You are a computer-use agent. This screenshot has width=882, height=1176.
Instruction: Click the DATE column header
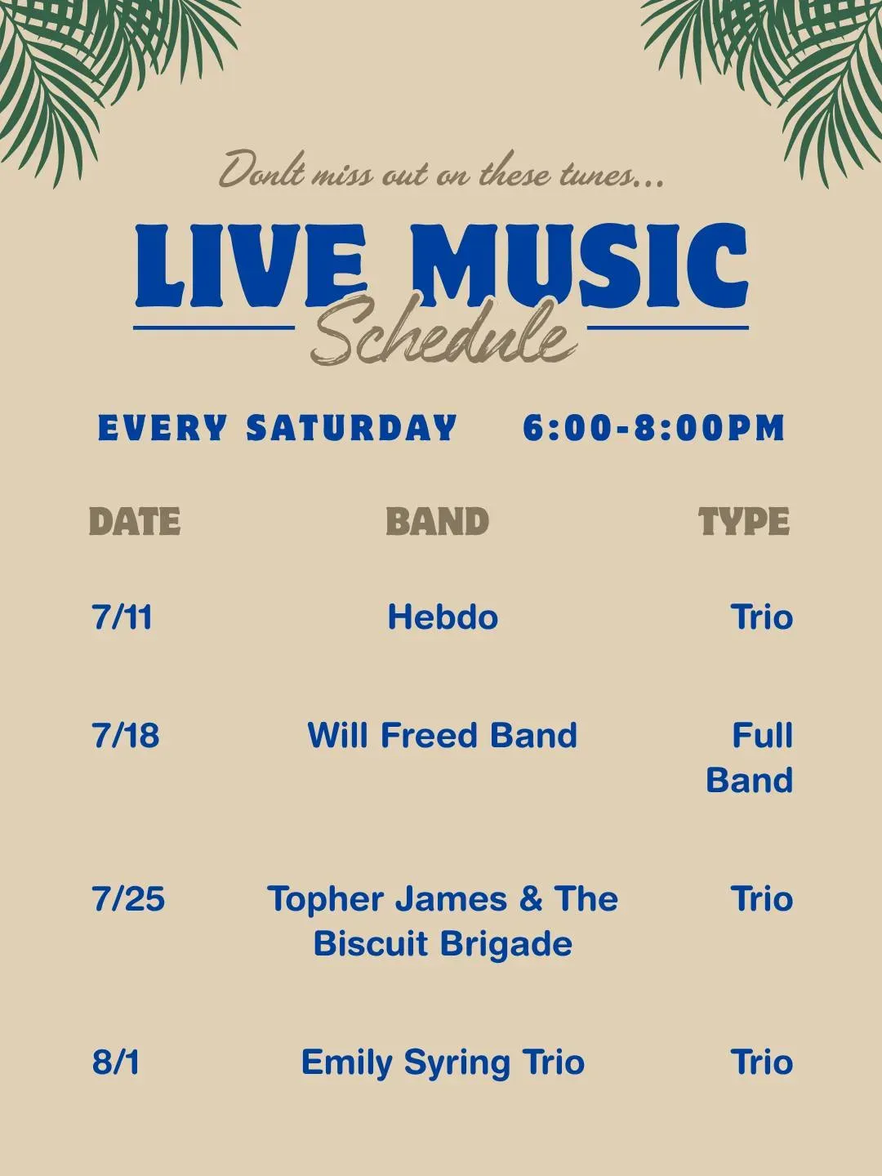coord(135,521)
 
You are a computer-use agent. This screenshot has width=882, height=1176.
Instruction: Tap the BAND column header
coord(437,521)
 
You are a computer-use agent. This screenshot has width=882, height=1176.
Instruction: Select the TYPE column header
coord(744,521)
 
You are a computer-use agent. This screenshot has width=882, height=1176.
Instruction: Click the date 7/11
coord(122,617)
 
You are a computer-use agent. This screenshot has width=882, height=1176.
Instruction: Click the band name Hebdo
coord(443,617)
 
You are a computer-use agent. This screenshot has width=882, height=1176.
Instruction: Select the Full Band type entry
coord(750,757)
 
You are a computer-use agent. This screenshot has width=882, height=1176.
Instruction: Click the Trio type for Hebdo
coord(761,617)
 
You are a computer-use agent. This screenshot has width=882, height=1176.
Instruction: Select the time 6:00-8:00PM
coord(654,428)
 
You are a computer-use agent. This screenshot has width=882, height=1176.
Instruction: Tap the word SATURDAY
coord(351,428)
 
